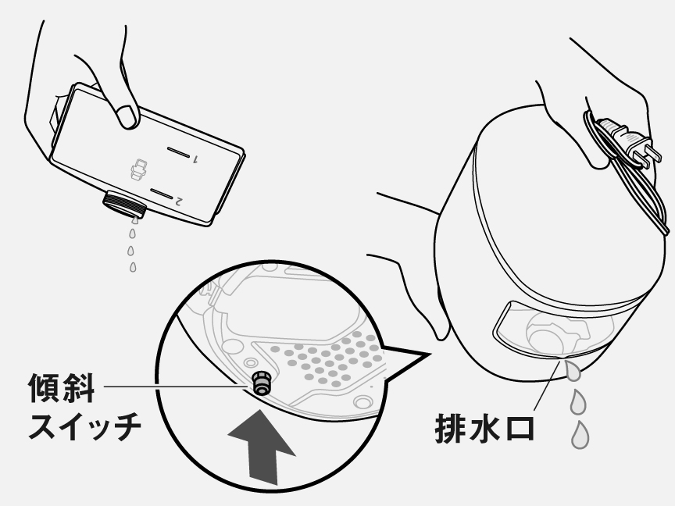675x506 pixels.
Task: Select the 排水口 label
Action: pyautogui.click(x=484, y=429)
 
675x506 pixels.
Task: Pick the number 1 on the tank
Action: pyautogui.click(x=195, y=159)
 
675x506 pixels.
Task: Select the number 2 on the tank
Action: pyautogui.click(x=179, y=201)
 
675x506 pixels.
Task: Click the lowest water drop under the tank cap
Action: pyautogui.click(x=133, y=268)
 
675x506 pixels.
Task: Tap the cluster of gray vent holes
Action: pyautogui.click(x=329, y=359)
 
